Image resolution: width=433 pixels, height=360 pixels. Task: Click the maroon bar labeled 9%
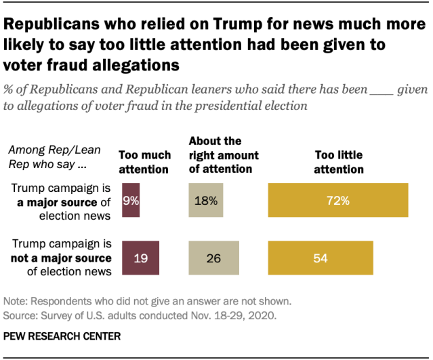[x=131, y=200]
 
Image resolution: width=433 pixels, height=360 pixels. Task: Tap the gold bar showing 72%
[x=338, y=200]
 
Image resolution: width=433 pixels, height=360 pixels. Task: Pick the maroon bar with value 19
[x=140, y=258]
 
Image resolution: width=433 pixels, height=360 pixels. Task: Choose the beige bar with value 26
[x=213, y=258]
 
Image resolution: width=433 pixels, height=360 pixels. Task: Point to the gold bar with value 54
[x=321, y=258]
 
